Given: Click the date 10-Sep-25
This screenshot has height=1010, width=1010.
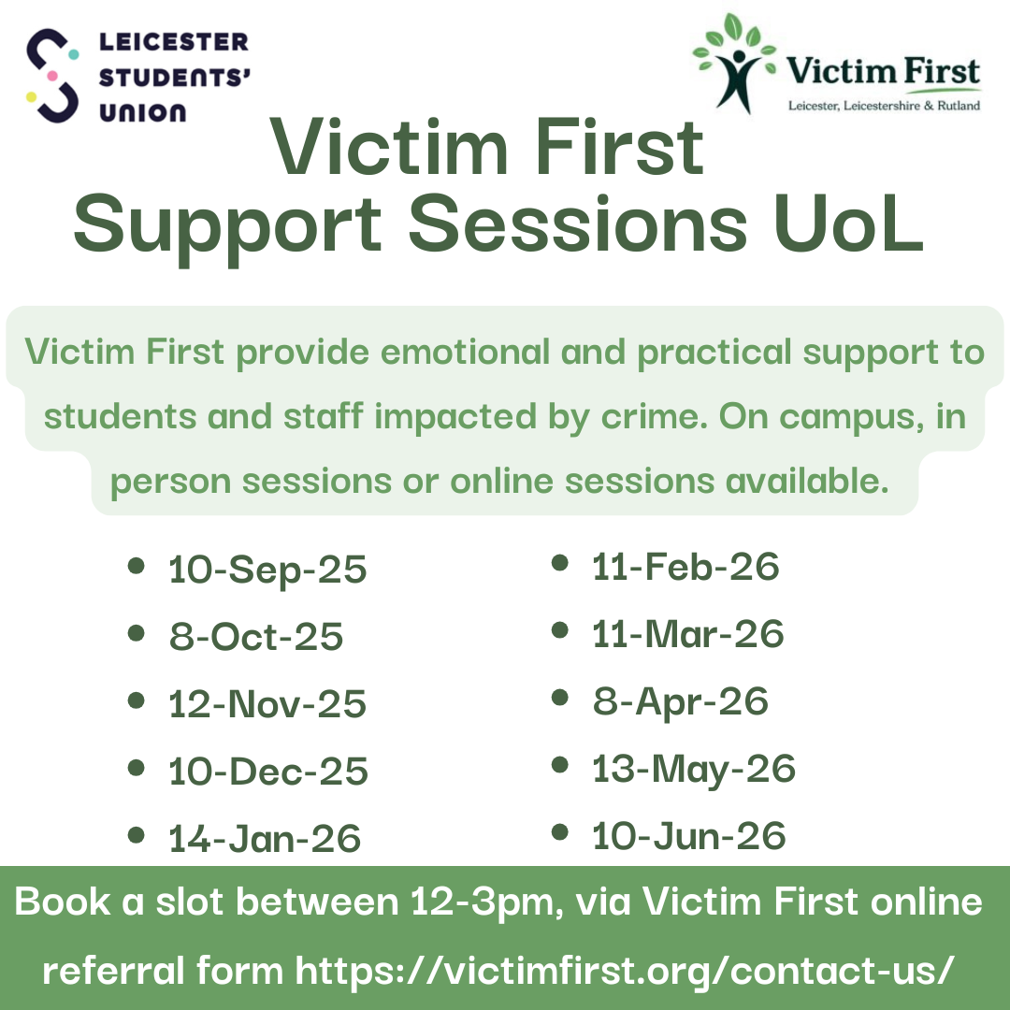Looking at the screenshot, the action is tap(267, 570).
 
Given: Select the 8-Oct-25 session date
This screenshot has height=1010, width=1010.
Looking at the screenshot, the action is tap(256, 637).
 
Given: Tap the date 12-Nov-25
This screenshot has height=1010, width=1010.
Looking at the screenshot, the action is tap(267, 704).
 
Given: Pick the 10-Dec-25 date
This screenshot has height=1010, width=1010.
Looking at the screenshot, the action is tap(268, 771).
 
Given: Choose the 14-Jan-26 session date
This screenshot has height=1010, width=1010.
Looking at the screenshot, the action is tap(265, 839).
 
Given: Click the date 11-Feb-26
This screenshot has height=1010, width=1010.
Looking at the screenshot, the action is tap(685, 567).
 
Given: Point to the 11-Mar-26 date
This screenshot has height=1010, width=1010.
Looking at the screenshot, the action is tap(688, 634).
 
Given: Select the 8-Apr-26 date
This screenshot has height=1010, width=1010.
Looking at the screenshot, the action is tap(681, 702).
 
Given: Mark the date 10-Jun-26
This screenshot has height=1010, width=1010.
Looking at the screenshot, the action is tap(689, 836).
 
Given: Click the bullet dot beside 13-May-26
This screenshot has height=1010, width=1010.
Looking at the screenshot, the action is tap(560, 765).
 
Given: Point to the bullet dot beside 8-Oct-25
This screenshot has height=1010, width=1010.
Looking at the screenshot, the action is tap(136, 633).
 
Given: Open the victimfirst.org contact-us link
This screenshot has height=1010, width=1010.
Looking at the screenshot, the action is tap(624, 971).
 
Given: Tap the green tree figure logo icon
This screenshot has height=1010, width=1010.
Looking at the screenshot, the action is tap(734, 64).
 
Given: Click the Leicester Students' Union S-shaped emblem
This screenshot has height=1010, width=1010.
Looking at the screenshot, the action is tap(52, 76).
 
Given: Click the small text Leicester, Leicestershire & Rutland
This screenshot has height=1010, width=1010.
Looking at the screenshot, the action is tap(885, 106).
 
